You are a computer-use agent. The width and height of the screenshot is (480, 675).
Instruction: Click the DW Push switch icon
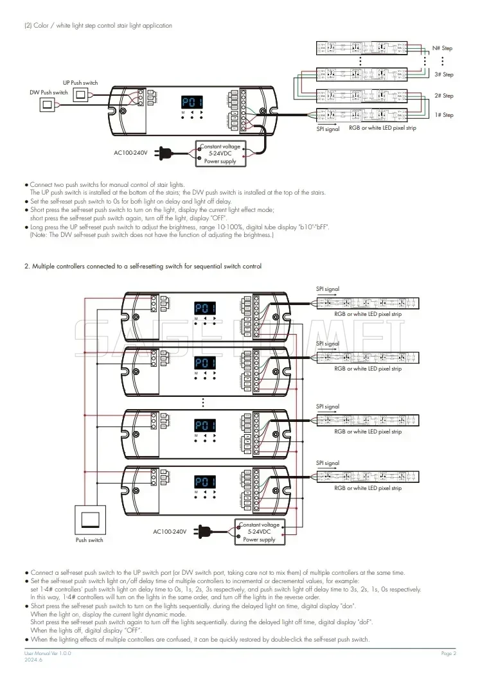pyautogui.click(x=49, y=105)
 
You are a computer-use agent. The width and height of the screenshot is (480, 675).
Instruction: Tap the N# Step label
pyautogui.click(x=442, y=48)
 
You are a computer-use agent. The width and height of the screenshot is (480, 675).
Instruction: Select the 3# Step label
pyautogui.click(x=443, y=75)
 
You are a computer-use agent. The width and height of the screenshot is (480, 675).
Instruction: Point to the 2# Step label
pyautogui.click(x=443, y=96)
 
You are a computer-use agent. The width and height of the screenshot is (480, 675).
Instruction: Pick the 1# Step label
pyautogui.click(x=443, y=115)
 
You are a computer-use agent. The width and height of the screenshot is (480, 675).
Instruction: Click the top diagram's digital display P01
pyautogui.click(x=191, y=102)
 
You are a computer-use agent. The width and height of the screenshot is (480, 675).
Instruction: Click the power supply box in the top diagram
pyautogui.click(x=220, y=154)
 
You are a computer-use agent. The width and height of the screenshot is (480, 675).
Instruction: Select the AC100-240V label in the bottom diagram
pyautogui.click(x=170, y=532)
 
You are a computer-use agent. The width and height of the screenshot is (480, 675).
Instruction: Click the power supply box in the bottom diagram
pyautogui.click(x=259, y=532)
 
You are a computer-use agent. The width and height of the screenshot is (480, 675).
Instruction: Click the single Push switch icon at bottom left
pyautogui.click(x=89, y=518)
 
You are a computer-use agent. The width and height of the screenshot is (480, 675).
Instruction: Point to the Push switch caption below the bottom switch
pyautogui.click(x=89, y=540)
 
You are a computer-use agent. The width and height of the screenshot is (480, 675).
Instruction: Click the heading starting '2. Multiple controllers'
pyautogui.click(x=143, y=266)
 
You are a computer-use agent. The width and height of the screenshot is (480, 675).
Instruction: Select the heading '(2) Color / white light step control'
pyautogui.click(x=98, y=25)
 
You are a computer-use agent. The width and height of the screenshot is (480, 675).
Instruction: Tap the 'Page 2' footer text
pyautogui.click(x=448, y=653)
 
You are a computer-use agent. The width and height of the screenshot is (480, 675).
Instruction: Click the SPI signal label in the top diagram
pyautogui.click(x=328, y=129)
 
